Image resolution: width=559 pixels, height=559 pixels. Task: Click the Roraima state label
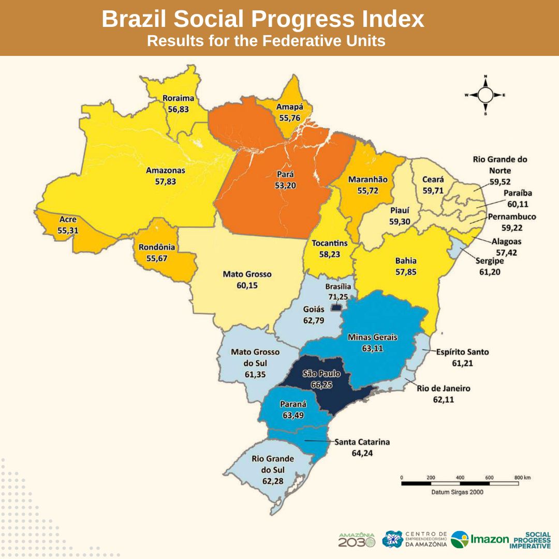(178, 98)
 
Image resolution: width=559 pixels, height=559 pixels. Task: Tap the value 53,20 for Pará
(286, 185)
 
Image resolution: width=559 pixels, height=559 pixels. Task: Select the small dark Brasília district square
(336, 307)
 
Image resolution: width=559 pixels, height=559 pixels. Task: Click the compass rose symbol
(485, 95)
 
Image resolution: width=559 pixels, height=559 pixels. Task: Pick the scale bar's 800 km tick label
(522, 477)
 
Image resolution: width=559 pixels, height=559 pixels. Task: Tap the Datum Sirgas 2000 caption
(458, 492)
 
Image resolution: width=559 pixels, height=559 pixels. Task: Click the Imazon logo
(480, 539)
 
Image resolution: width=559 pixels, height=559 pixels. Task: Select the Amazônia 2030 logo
(357, 539)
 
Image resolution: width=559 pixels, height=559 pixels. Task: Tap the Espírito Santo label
(462, 352)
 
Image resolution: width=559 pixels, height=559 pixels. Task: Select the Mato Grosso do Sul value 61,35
(255, 374)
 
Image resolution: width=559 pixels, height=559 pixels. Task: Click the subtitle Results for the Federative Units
(266, 41)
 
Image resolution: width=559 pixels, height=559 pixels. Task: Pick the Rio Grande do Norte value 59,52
(500, 182)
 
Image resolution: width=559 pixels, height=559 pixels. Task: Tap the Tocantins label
(330, 243)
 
